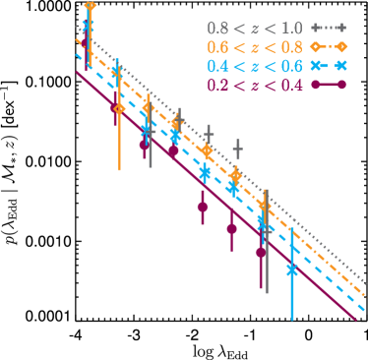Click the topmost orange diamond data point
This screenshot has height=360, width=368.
click(x=91, y=7)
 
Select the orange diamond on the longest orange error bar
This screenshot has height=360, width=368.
click(x=119, y=108)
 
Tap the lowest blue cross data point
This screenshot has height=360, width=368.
click(x=292, y=269)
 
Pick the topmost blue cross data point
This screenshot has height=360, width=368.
click(x=89, y=25)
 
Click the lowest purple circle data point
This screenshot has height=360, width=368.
click(x=261, y=252)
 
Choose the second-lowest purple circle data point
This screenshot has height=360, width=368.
click(x=232, y=229)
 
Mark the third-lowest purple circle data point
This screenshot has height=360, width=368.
click(x=203, y=207)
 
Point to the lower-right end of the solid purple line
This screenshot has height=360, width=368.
click(x=356, y=319)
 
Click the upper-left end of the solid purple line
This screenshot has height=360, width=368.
click(x=77, y=72)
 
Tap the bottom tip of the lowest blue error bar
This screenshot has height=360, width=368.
click(x=292, y=320)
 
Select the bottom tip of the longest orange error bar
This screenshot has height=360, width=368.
click(x=119, y=170)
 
